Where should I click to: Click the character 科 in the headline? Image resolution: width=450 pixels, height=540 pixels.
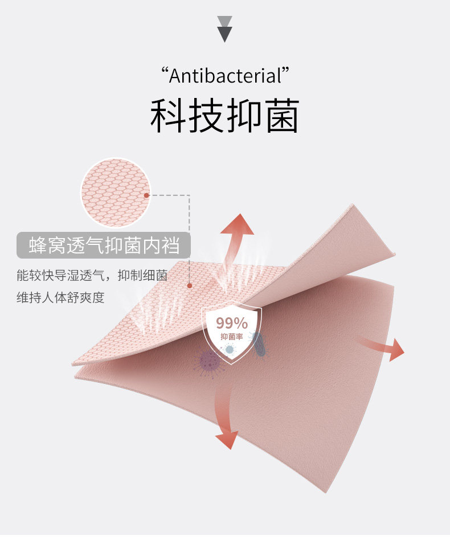[169, 117]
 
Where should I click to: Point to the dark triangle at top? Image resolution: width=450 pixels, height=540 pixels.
[225, 33]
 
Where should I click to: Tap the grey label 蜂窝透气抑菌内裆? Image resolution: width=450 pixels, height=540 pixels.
[103, 246]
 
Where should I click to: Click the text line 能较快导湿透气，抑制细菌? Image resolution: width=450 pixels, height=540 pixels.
[92, 276]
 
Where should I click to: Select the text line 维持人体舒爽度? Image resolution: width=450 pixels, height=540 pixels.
[60, 297]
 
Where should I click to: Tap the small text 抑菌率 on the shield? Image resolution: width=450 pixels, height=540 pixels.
[231, 336]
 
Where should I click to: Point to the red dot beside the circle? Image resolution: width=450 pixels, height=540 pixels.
[146, 195]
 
